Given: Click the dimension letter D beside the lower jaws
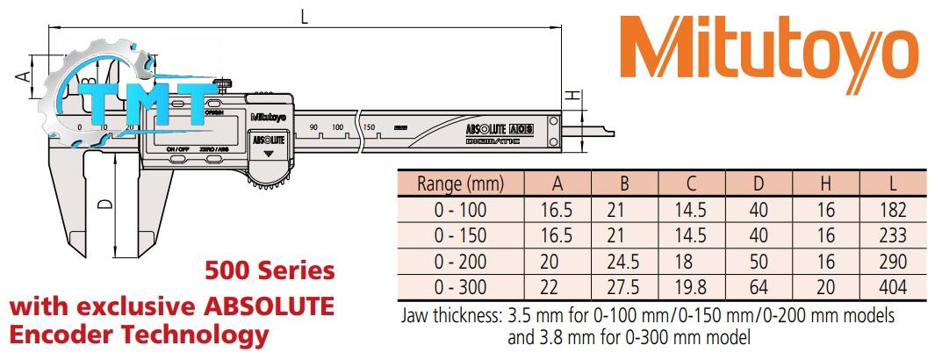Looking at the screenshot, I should pyautogui.click(x=104, y=204).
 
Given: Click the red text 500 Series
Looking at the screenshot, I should pyautogui.click(x=269, y=270).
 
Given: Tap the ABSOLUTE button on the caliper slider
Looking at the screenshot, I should pyautogui.click(x=269, y=140).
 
